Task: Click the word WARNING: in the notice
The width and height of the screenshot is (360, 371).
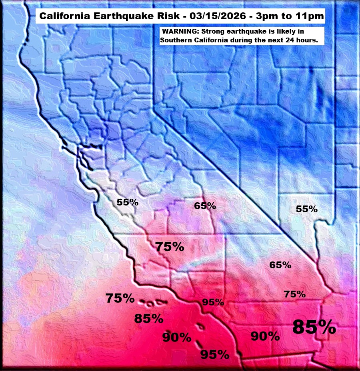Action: click(180, 31)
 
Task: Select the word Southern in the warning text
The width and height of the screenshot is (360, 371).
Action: click(177, 40)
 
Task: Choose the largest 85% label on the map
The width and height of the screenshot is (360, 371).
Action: click(314, 327)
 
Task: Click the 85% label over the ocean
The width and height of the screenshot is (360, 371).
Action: click(149, 319)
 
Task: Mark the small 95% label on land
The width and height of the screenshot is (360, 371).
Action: click(213, 302)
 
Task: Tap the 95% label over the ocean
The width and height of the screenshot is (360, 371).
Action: click(215, 354)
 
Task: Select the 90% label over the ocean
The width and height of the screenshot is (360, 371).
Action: click(177, 337)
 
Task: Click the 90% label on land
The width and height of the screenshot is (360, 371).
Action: click(265, 336)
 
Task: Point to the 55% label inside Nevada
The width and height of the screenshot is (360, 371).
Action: click(306, 209)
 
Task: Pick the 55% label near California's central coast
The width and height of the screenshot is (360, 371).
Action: click(128, 202)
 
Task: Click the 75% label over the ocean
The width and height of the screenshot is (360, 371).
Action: click(120, 298)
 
